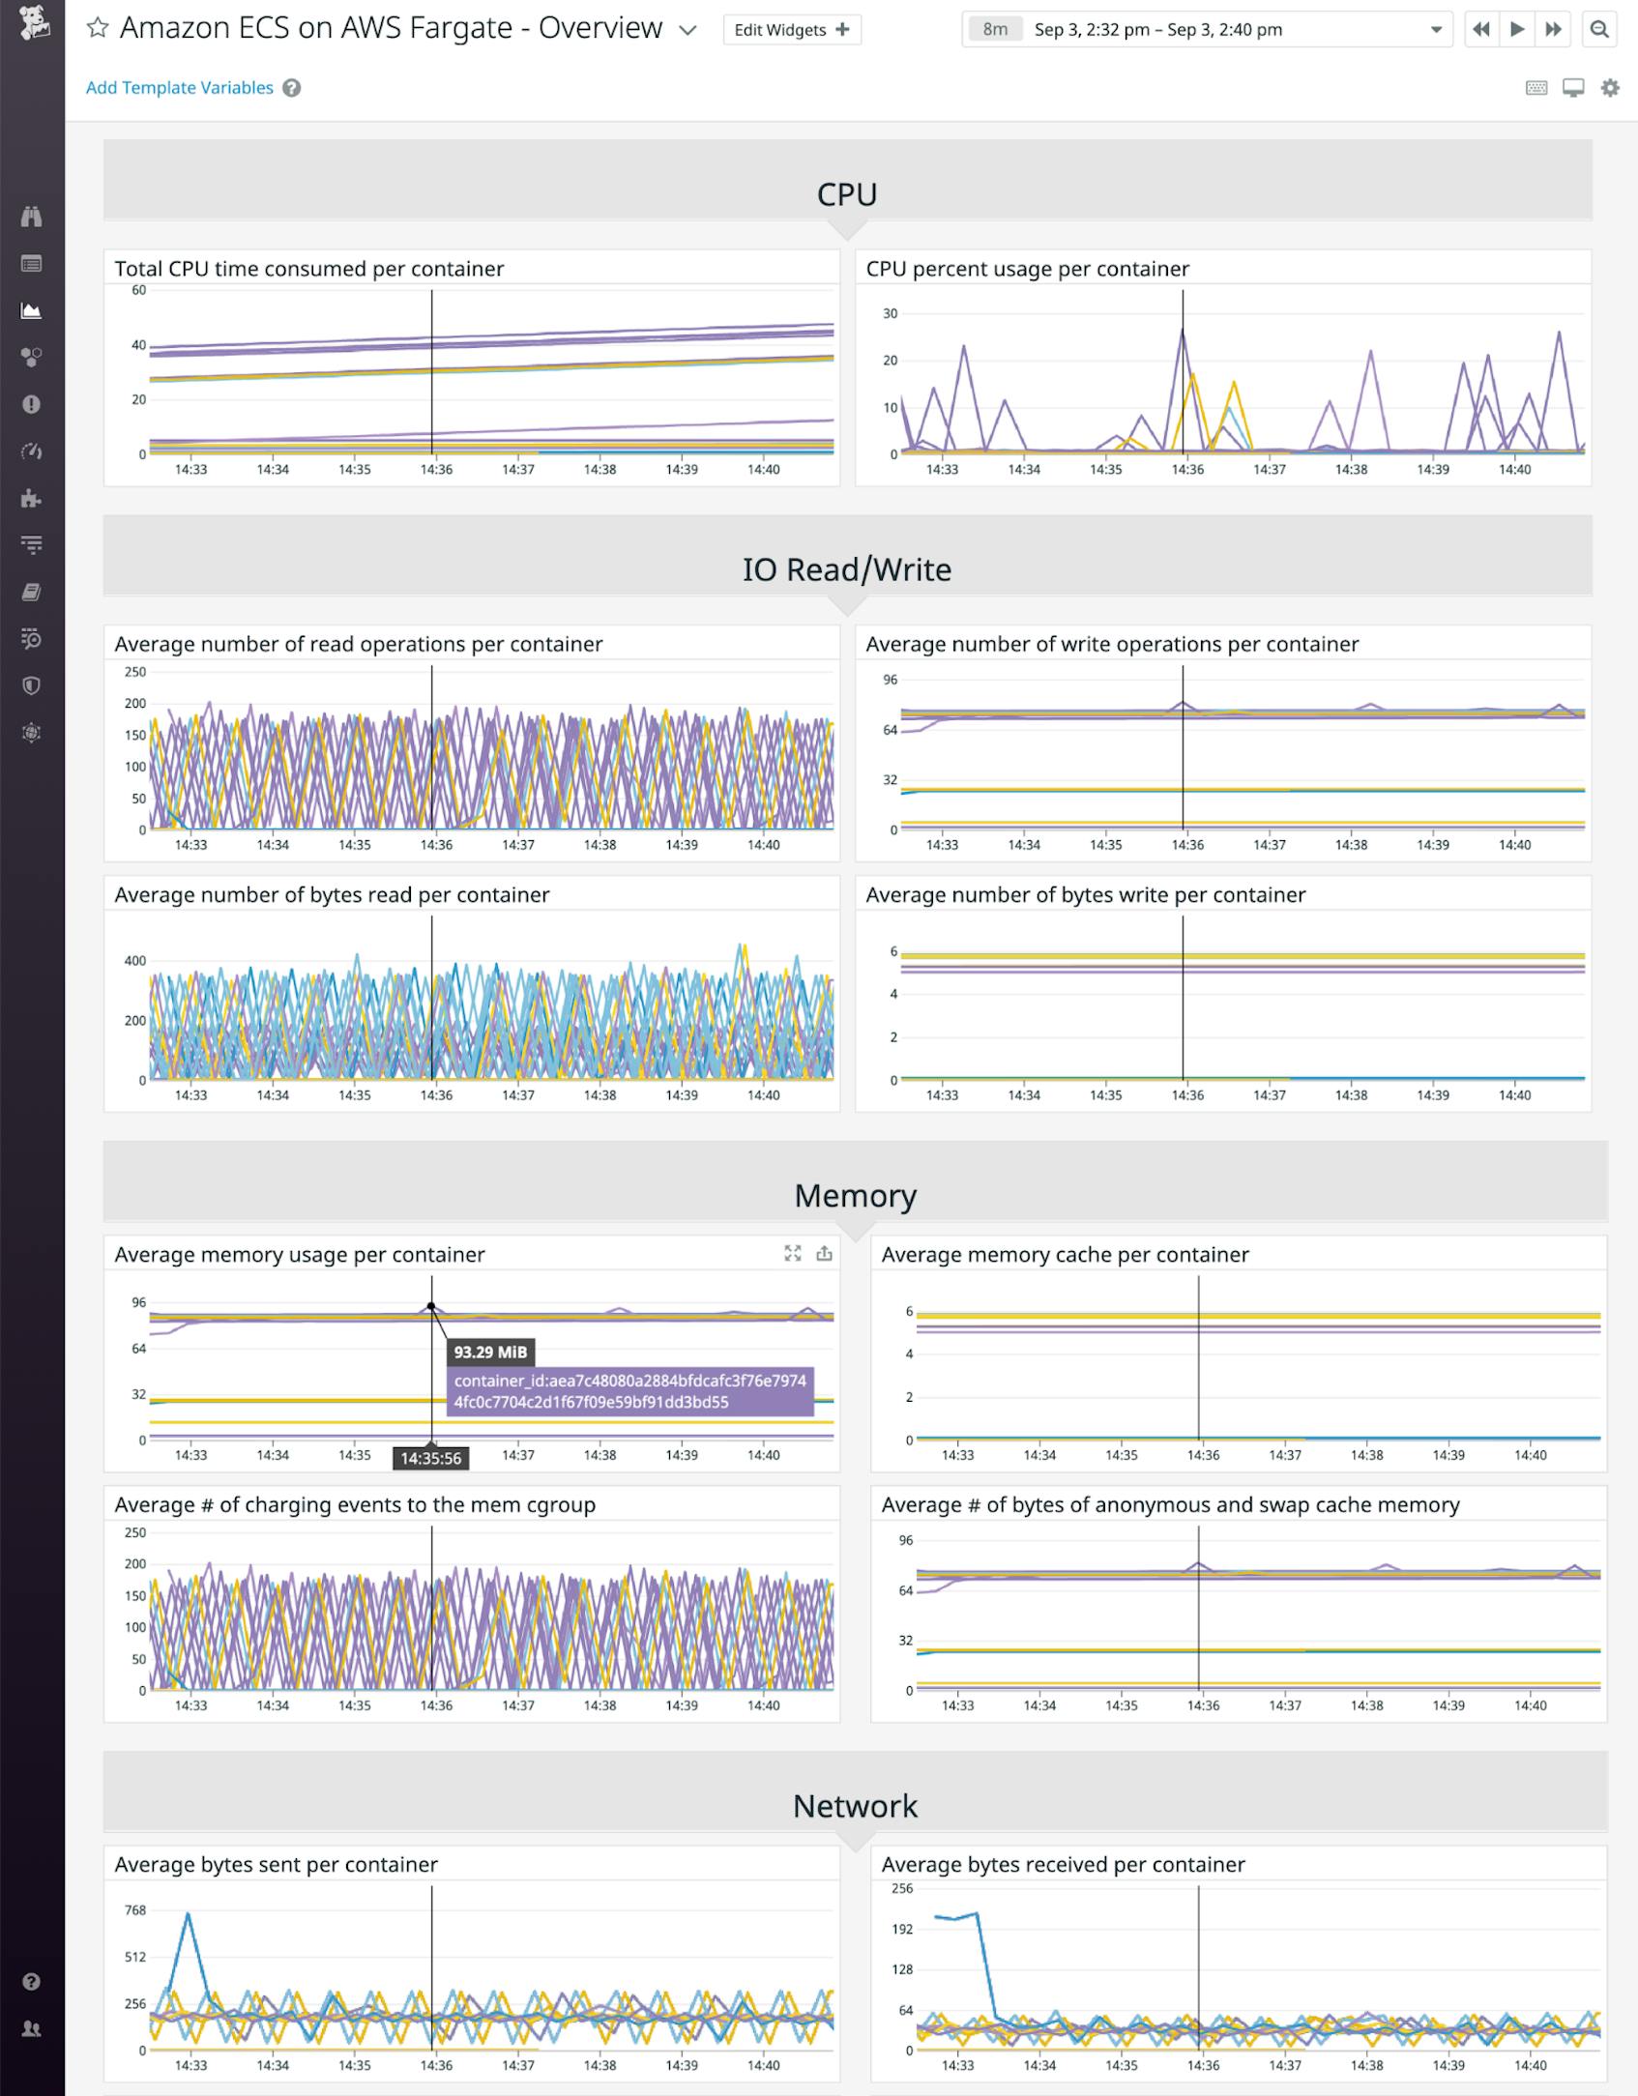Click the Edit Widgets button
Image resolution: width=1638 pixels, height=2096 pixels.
pos(791,30)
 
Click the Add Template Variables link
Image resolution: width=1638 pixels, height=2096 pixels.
pos(180,88)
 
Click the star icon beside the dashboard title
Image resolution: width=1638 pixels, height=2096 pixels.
pos(98,28)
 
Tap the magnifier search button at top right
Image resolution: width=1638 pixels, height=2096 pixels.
pos(1599,30)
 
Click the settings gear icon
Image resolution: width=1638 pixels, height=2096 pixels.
pos(1610,88)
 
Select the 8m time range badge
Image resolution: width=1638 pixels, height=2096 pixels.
pos(994,30)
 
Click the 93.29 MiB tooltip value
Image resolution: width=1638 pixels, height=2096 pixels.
pos(490,1352)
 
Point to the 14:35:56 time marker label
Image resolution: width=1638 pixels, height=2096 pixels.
pos(430,1458)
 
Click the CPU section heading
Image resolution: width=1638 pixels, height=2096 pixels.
pos(847,194)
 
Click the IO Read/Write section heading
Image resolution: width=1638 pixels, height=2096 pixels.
pos(847,569)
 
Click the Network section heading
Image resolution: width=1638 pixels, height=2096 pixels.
pos(855,1806)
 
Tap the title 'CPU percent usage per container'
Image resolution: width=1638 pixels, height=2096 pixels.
pos(1027,269)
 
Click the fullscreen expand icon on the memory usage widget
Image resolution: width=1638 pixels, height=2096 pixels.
pos(793,1253)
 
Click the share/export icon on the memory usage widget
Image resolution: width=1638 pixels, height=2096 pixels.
pos(824,1253)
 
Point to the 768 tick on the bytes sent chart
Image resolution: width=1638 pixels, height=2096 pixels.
pos(134,1910)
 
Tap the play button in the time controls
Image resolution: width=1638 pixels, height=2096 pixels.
pos(1517,30)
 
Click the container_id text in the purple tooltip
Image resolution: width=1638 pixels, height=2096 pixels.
pos(629,1391)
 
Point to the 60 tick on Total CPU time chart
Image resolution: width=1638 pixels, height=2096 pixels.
pos(139,290)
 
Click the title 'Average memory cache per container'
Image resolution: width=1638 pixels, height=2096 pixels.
pos(1065,1255)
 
